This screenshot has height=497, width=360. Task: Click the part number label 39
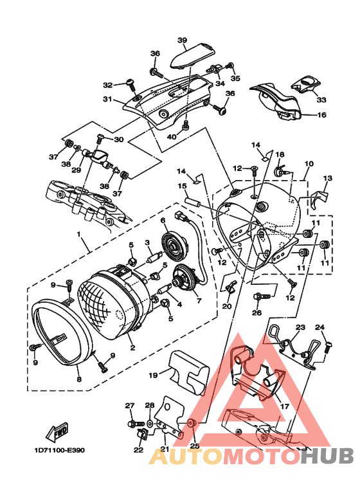[x=182, y=41]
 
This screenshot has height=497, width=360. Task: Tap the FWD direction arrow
[x=58, y=431]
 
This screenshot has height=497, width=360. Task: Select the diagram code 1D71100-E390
[x=60, y=450]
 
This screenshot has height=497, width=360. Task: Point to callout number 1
[x=79, y=234]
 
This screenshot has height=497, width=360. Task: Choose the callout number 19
[x=154, y=375]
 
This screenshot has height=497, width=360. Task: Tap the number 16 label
[x=321, y=114]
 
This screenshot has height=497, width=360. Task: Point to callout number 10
[x=309, y=164]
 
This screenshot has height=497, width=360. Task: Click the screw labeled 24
[x=328, y=347]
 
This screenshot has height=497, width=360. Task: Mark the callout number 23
[x=300, y=327]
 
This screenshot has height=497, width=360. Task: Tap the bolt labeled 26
[x=262, y=296]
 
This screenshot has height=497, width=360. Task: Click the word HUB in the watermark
[x=327, y=456]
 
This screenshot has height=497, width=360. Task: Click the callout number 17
[x=285, y=406]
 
